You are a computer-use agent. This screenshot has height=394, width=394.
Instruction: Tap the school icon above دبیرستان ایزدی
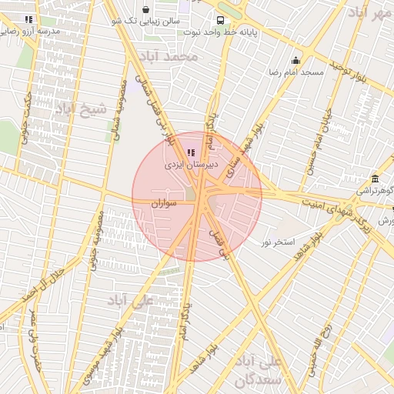[191, 152]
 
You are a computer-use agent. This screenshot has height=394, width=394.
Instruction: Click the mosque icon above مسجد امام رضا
[295, 61]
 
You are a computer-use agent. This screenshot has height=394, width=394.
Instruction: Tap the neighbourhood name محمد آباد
[175, 56]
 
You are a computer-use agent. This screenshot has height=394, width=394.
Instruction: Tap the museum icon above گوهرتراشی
[375, 179]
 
